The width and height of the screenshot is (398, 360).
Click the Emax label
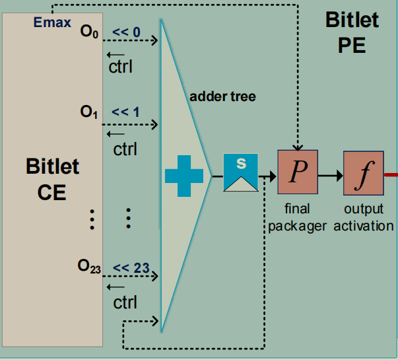[52, 23]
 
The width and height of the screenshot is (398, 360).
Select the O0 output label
[89, 33]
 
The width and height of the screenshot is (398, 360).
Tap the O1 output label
[89, 112]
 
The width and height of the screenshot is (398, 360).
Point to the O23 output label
[89, 267]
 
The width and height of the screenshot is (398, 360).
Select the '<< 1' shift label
[125, 112]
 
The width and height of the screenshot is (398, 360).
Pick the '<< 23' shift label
[131, 268]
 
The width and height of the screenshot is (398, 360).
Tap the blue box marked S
[240, 172]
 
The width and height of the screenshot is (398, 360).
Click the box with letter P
[298, 173]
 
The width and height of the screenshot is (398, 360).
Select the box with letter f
[363, 173]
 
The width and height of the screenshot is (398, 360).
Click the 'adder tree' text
[222, 96]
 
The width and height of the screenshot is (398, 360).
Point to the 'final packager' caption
[297, 217]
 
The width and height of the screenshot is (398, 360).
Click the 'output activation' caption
[364, 217]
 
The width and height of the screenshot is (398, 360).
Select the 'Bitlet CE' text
[53, 178]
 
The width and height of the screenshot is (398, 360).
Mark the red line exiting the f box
[391, 175]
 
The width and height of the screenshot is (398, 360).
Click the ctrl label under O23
[125, 303]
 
